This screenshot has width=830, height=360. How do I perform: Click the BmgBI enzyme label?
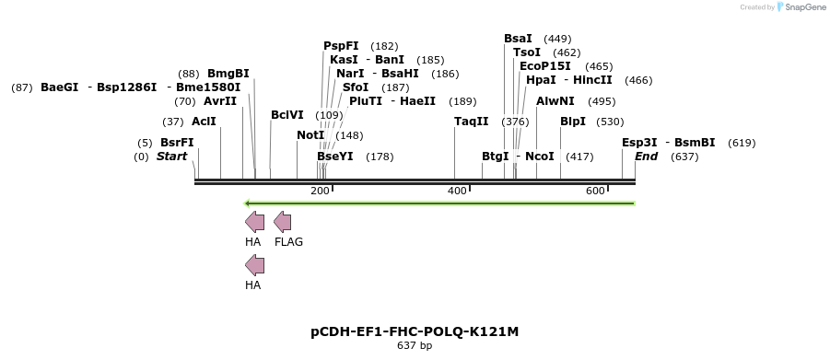228,74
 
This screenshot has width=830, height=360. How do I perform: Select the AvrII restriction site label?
220,101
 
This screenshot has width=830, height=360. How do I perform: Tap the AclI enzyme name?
204,122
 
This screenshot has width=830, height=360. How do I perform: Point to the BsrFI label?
177,143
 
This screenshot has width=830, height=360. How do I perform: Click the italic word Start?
171,157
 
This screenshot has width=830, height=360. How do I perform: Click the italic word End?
647,157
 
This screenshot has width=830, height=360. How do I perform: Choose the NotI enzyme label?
310,135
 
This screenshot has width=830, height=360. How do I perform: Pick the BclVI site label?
286,115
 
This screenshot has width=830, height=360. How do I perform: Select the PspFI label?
341,46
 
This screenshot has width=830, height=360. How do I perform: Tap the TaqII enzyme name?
472,122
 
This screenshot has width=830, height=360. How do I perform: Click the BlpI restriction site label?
573,122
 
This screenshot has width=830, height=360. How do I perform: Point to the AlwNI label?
555,101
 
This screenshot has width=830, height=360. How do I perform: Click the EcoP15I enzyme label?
545,66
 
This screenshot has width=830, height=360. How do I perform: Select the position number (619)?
742,143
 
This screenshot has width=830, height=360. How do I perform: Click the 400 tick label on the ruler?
457,191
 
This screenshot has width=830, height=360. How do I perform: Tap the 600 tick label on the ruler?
595,191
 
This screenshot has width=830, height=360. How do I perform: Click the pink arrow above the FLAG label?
283,222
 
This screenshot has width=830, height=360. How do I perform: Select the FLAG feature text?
288,242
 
